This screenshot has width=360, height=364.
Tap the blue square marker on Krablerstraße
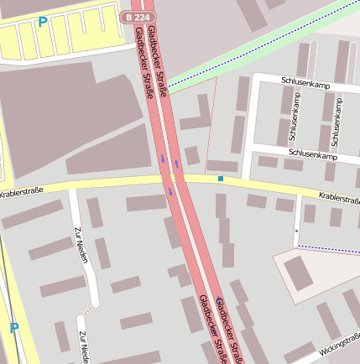(221, 178)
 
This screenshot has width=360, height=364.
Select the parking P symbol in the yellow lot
(42, 22)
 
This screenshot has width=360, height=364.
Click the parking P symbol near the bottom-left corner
(13, 328)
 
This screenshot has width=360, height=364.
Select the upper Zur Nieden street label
(81, 244)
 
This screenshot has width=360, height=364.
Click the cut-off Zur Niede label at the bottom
(83, 347)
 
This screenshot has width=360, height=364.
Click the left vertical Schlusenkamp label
(295, 117)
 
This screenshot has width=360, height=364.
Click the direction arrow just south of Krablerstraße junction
(170, 191)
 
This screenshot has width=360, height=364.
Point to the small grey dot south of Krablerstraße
(296, 230)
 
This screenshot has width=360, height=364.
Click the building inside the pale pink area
(299, 273)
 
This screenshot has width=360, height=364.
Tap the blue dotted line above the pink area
(328, 247)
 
